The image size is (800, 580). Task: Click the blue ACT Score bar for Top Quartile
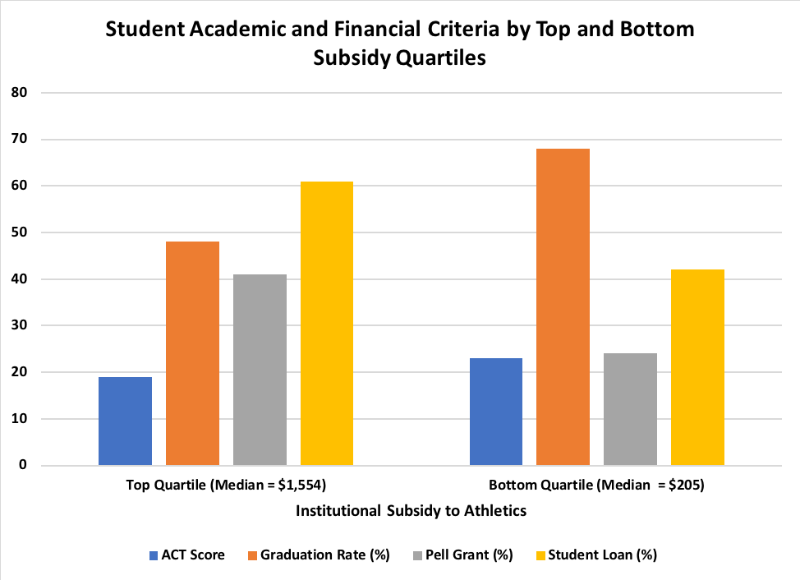point(125,421)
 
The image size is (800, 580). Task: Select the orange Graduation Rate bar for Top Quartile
point(192,353)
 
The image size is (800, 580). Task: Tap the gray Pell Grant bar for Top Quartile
point(260,370)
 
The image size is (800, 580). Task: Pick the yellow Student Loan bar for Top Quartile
point(327,323)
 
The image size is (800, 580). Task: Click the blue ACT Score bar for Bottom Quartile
point(495,412)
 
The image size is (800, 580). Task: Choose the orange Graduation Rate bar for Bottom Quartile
point(563,306)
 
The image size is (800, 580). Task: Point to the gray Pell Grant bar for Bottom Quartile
point(630,409)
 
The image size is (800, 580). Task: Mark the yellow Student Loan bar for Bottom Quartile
point(697,367)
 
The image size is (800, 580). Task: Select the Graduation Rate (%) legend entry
point(317,555)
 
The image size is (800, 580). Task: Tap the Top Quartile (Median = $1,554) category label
point(227,485)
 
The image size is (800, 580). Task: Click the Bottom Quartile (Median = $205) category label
point(597,485)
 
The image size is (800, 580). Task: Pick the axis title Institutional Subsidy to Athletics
point(411,510)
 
